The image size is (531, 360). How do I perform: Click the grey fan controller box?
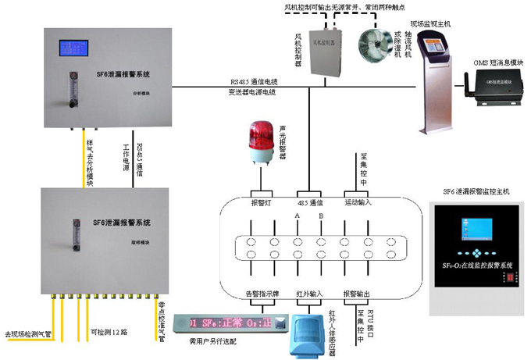326,47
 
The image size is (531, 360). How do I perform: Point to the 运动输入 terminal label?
358,202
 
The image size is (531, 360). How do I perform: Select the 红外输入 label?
309,294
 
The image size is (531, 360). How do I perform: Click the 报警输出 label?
358,294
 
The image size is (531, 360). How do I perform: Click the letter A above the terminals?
298,216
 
